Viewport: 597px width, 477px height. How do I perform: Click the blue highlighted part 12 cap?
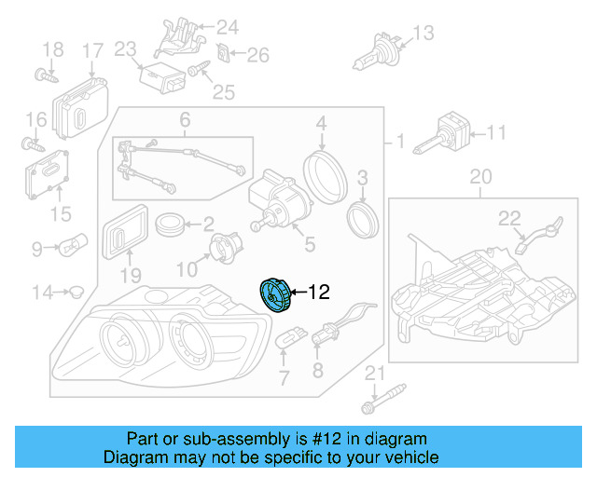click(x=275, y=294)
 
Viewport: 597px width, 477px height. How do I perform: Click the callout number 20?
click(x=479, y=176)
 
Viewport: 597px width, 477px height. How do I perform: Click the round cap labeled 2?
click(x=170, y=225)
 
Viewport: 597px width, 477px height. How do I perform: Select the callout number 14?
click(x=42, y=293)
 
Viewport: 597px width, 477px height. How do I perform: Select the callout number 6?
click(x=184, y=119)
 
